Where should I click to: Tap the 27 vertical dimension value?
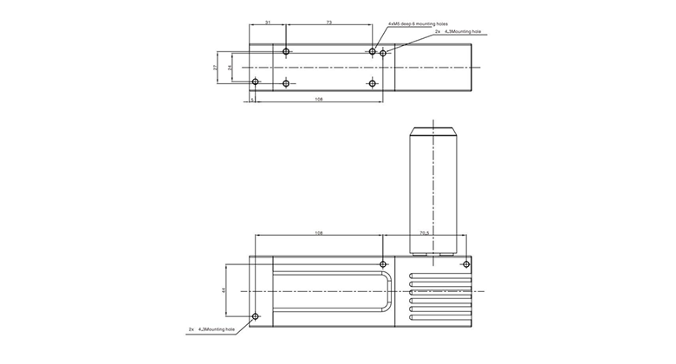point(216,67)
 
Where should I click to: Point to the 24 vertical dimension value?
point(230,67)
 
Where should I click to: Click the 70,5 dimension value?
point(425,233)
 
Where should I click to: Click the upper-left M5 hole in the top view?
point(286,52)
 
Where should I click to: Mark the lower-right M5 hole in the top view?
point(373,83)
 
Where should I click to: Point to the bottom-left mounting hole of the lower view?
point(255,316)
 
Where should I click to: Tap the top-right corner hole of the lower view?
point(466,263)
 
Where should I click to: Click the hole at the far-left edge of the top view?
point(255,82)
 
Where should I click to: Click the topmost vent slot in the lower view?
point(438,279)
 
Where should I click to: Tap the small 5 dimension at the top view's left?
point(251,101)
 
